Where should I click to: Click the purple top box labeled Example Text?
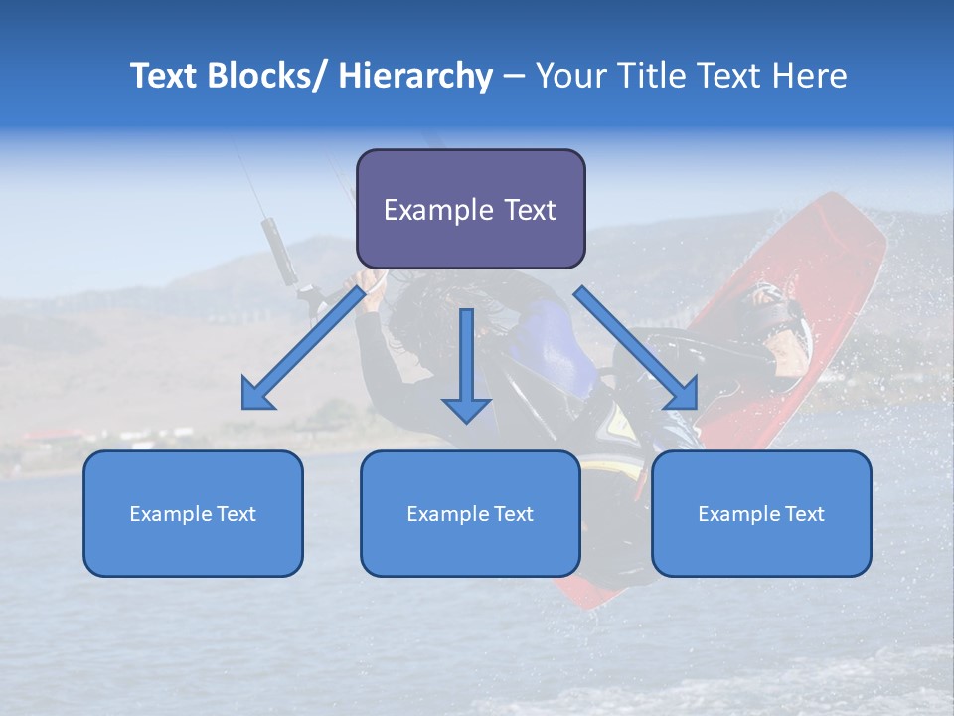(x=470, y=209)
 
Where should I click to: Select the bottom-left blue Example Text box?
(x=193, y=513)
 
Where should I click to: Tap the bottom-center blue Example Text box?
(x=470, y=513)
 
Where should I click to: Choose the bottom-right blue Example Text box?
(x=761, y=513)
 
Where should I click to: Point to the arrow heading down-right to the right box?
(x=637, y=348)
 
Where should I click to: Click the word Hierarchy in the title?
(x=415, y=76)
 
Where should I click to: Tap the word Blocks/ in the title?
(x=266, y=76)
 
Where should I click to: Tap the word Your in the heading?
(x=567, y=76)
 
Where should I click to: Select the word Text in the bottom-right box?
(x=804, y=514)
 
